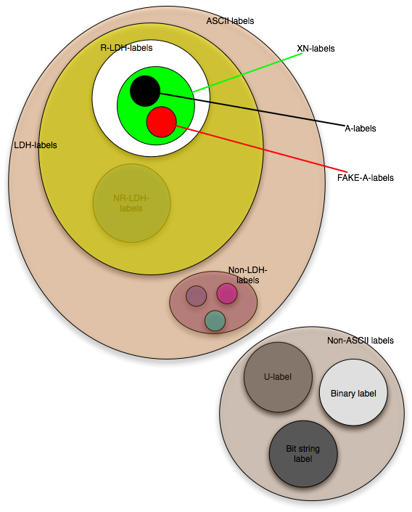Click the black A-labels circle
click(x=145, y=91)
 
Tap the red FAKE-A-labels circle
click(x=162, y=122)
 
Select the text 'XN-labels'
click(x=316, y=49)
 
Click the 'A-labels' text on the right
click(x=360, y=129)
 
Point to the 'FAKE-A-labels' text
click(x=366, y=178)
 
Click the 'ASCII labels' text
click(x=230, y=21)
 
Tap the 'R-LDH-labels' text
click(x=126, y=48)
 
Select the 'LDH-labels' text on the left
click(x=36, y=145)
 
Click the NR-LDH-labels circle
click(x=132, y=203)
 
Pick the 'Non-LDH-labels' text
click(x=247, y=275)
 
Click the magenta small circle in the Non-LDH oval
click(x=227, y=293)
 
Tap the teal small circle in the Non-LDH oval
click(x=215, y=321)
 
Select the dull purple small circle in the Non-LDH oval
click(x=196, y=296)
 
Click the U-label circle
click(x=278, y=377)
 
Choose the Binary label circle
click(x=353, y=392)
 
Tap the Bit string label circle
click(x=303, y=454)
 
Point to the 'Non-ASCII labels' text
click(x=360, y=341)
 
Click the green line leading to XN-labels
click(x=247, y=73)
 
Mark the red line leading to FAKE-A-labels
click(x=262, y=149)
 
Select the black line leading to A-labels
click(x=252, y=110)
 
